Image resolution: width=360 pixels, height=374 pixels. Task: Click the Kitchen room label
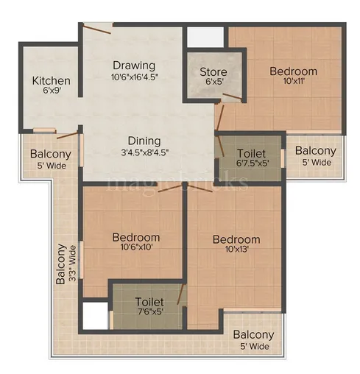pyautogui.click(x=52, y=80)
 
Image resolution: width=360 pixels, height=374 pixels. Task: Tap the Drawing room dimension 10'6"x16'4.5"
pyautogui.click(x=135, y=76)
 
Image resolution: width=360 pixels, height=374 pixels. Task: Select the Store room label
pyautogui.click(x=213, y=72)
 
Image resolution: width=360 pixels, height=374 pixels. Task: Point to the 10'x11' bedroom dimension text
pyautogui.click(x=293, y=82)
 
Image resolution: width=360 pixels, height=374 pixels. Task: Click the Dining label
pyautogui.click(x=144, y=141)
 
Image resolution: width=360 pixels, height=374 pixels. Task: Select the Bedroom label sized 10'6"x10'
pyautogui.click(x=135, y=237)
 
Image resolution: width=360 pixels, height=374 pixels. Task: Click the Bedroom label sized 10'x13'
pyautogui.click(x=236, y=239)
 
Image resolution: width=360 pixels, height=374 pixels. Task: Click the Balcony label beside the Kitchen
pyautogui.click(x=51, y=154)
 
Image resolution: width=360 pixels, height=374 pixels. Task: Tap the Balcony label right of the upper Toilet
pyautogui.click(x=315, y=151)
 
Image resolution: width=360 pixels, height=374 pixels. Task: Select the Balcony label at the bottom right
pyautogui.click(x=253, y=334)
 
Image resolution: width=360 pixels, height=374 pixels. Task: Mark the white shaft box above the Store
pyautogui.click(x=205, y=37)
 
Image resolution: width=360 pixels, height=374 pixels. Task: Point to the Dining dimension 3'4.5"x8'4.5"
pyautogui.click(x=144, y=152)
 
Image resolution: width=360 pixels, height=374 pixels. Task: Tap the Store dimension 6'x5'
pyautogui.click(x=213, y=83)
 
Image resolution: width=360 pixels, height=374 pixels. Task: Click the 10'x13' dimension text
pyautogui.click(x=236, y=250)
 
